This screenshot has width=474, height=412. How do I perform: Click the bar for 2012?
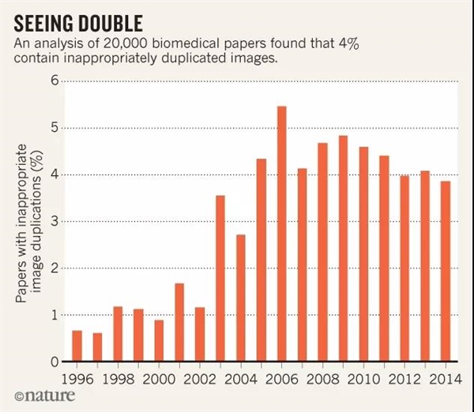404,268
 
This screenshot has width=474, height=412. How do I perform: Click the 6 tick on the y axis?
55,81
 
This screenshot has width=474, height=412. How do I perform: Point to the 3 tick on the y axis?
55,221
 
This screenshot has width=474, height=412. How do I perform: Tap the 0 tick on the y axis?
55,361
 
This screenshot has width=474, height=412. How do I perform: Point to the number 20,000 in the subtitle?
124,44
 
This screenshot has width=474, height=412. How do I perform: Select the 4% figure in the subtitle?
348,44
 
